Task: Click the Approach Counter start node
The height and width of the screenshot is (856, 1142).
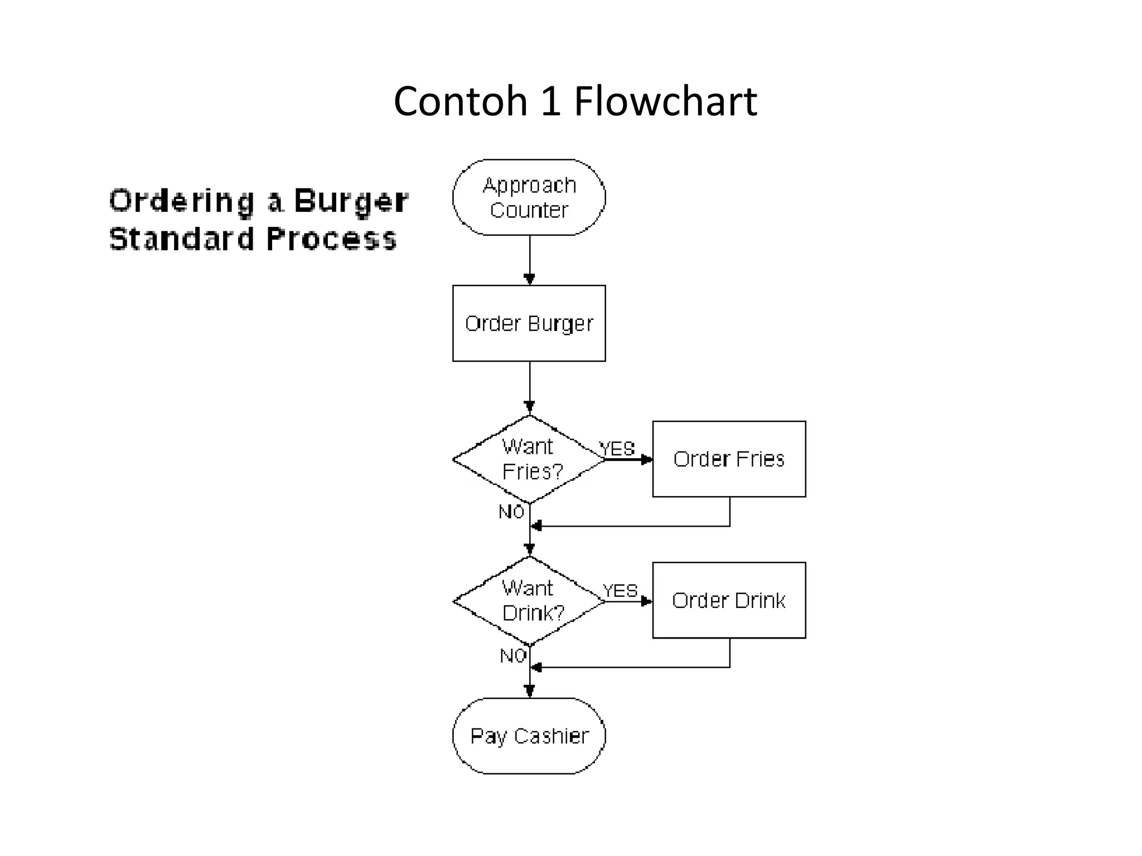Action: point(529,197)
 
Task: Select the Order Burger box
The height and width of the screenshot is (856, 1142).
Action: point(529,323)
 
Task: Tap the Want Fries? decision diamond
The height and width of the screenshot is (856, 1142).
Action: point(529,459)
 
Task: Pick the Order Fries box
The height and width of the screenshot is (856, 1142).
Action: point(729,459)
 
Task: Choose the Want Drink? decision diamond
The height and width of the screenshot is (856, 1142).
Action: point(529,601)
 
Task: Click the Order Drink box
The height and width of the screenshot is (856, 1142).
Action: point(729,600)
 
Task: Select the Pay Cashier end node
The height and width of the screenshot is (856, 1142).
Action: point(529,736)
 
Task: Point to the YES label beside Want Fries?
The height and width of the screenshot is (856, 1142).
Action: point(617,449)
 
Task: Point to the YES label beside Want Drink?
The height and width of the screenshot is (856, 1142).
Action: point(620,591)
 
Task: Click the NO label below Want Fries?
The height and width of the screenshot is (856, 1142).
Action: point(511,512)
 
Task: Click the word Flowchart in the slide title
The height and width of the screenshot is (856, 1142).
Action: point(665,101)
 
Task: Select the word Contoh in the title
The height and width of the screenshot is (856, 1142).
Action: point(461,101)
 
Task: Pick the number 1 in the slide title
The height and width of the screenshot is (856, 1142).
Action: point(551,101)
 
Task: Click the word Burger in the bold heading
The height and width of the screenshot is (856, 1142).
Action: point(351,202)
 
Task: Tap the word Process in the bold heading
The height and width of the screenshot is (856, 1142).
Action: point(331,239)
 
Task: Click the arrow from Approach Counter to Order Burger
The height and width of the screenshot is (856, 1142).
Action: point(530,259)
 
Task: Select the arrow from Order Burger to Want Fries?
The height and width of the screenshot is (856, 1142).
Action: point(530,386)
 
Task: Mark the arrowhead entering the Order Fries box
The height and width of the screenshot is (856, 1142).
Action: point(647,460)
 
